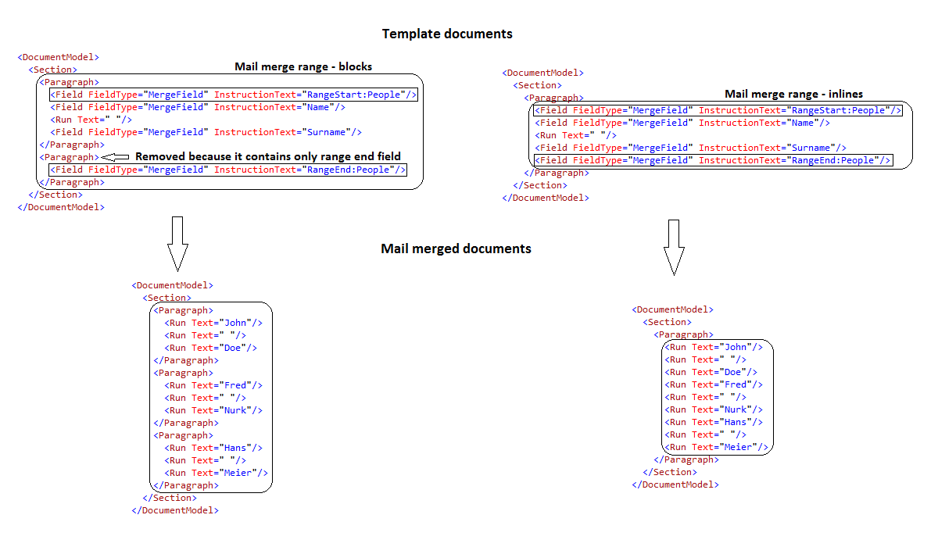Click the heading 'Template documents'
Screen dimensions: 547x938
pyautogui.click(x=447, y=34)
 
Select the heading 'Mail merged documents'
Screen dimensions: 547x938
pyautogui.click(x=456, y=249)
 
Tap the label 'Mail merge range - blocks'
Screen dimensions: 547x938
pyautogui.click(x=303, y=66)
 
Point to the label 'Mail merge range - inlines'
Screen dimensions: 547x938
pyautogui.click(x=793, y=94)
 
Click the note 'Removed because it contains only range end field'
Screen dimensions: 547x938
pyautogui.click(x=268, y=156)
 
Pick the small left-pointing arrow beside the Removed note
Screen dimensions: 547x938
pyautogui.click(x=116, y=156)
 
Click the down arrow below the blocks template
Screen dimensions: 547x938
pyautogui.click(x=177, y=243)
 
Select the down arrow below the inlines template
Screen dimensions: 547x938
pyautogui.click(x=674, y=247)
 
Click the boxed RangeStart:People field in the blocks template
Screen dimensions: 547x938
pyautogui.click(x=233, y=95)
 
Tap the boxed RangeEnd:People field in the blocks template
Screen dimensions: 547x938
pyautogui.click(x=227, y=170)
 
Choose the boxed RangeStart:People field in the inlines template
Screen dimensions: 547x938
pyautogui.click(x=717, y=110)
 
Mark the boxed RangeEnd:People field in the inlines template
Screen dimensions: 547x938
pyautogui.click(x=712, y=160)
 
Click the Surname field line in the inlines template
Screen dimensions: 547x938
pyautogui.click(x=690, y=148)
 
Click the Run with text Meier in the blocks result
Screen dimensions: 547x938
pyautogui.click(x=216, y=473)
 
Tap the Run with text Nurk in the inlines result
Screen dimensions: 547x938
pyautogui.click(x=714, y=409)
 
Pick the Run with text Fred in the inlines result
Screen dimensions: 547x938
pyautogui.click(x=714, y=384)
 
